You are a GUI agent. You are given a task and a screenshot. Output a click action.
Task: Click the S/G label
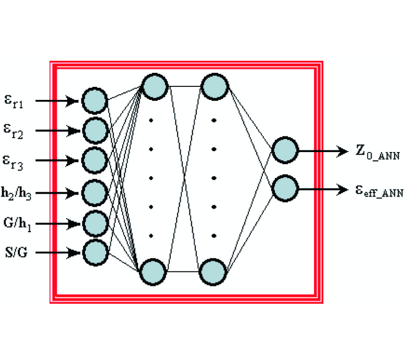tap(16, 253)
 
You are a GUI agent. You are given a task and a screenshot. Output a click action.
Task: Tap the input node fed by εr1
tap(94, 100)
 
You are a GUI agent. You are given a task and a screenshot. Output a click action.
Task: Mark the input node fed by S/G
tap(94, 252)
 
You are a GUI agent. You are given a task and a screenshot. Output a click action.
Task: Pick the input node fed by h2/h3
tap(94, 193)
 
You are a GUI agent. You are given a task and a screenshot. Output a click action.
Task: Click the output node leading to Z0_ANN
tap(285, 151)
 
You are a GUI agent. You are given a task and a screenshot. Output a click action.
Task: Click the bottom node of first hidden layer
tap(153, 272)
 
